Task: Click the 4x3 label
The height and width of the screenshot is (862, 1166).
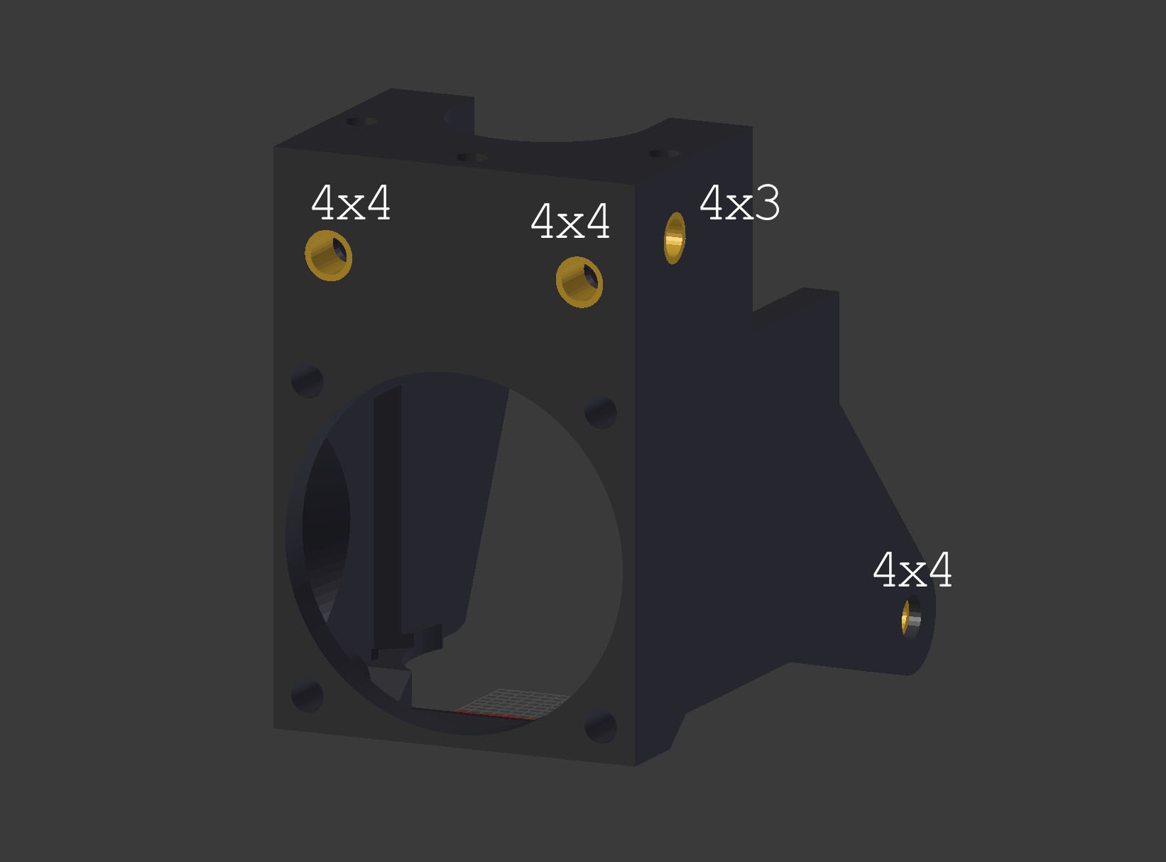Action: point(740,203)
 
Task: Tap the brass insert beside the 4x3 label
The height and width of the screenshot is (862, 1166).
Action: point(675,238)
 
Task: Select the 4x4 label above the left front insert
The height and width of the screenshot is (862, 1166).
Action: point(351,203)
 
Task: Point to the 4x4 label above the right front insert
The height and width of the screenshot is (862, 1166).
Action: point(570,222)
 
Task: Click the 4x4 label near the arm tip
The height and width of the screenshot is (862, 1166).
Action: point(912,570)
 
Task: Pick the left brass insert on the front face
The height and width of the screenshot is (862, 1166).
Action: point(329,256)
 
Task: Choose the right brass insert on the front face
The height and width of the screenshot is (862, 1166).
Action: point(579,283)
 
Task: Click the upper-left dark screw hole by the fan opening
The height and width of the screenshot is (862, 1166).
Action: point(307,381)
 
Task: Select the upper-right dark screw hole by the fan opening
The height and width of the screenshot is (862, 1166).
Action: point(600,413)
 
